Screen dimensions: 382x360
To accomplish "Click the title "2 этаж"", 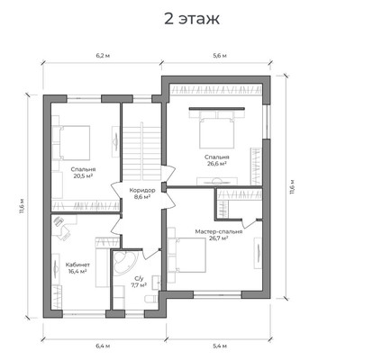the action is coord(192,19).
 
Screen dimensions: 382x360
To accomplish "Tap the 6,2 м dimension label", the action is coord(103,56).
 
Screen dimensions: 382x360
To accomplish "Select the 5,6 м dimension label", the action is coord(220,56).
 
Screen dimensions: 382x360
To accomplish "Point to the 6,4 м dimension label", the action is coord(103,346).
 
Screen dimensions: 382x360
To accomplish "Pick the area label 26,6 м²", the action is coord(216,164).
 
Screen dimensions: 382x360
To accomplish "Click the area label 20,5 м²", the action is coord(83,175).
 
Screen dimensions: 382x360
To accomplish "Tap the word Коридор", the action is coord(142,190).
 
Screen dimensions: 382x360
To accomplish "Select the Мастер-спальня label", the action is coord(219,231).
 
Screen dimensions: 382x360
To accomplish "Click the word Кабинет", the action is coord(77,265).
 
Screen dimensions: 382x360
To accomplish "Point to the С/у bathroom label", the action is coord(139,278).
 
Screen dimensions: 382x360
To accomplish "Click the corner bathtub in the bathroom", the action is coord(125,261).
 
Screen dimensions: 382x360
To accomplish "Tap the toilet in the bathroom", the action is coord(151,299).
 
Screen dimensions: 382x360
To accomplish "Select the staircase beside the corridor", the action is coord(141,151).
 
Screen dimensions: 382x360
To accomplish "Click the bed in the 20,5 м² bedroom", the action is coord(72,142).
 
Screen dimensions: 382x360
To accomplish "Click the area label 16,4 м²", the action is coord(77,272).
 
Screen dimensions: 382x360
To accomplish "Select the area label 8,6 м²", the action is coord(142,197).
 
